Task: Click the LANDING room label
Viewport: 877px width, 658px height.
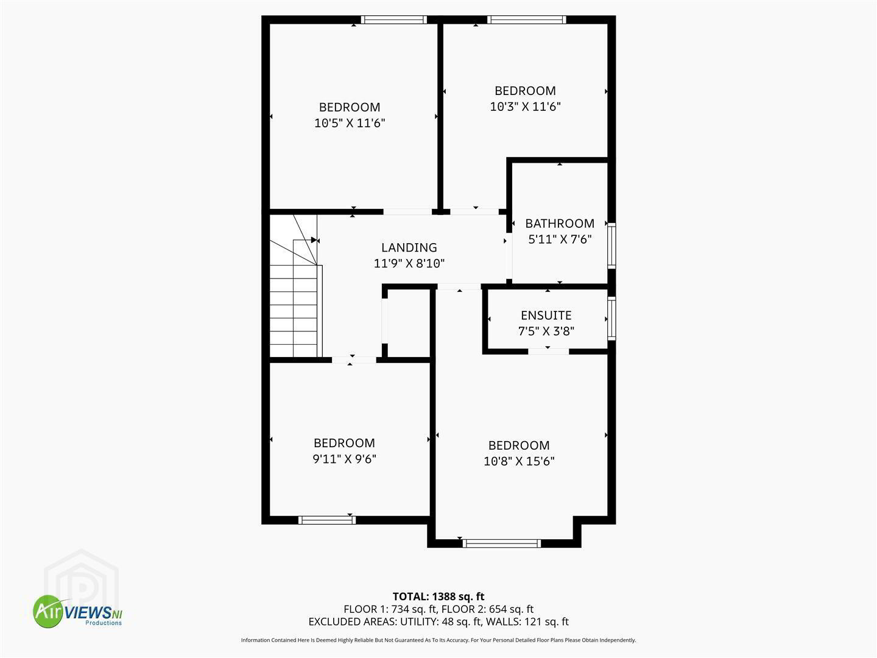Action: coord(409,248)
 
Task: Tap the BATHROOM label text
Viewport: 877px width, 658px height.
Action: coord(559,224)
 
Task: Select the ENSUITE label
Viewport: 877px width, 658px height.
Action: coord(546,316)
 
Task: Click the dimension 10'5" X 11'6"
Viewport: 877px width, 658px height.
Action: coord(350,122)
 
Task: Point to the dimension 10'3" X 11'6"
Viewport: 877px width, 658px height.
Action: coord(525,107)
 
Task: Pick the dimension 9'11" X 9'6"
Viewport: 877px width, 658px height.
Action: coord(344,459)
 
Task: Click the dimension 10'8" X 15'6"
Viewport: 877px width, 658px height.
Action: coord(519,461)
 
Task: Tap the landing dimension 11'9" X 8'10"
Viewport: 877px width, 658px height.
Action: coord(409,263)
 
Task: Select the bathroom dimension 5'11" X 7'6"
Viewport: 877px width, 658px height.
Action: coord(559,239)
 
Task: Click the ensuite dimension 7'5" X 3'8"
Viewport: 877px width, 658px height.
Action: coord(546,331)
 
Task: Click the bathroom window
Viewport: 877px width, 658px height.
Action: coord(611,246)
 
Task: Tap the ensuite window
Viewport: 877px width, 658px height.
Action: coord(611,319)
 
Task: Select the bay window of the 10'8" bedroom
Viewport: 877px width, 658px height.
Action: coord(501,543)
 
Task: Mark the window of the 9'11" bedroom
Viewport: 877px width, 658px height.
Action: coord(327,520)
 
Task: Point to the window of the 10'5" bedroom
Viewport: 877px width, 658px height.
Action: coord(394,19)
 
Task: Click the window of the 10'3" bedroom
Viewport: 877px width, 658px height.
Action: coord(527,19)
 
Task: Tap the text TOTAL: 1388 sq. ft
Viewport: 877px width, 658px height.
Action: coord(438,596)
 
